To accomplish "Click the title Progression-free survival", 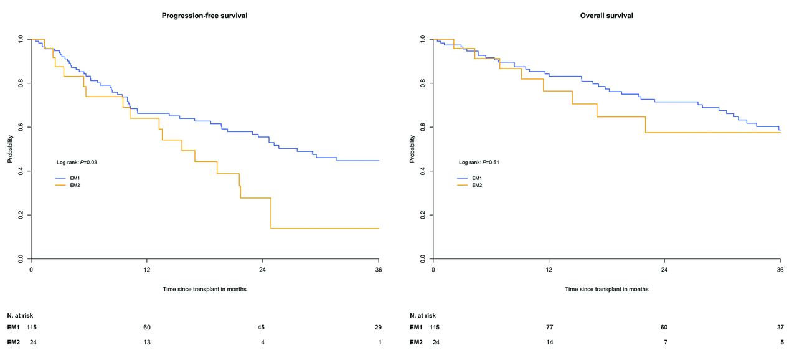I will click(x=205, y=16).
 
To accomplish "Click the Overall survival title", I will click(x=606, y=16).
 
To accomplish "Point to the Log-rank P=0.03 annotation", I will click(x=77, y=163).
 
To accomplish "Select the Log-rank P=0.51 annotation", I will click(x=479, y=163).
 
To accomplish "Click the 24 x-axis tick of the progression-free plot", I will click(x=262, y=270).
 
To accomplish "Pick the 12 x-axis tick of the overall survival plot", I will click(x=549, y=270).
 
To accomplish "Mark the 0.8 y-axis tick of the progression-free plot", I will click(x=21, y=83).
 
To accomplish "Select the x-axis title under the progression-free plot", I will click(x=205, y=289).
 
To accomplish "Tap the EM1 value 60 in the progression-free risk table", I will click(x=147, y=328).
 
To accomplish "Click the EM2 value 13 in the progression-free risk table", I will click(x=147, y=343).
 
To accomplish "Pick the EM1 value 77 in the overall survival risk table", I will click(x=549, y=328).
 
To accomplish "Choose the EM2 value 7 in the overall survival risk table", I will click(x=664, y=343).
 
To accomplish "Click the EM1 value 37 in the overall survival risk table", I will click(x=779, y=328).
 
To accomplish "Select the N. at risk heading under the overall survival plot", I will click(x=423, y=316).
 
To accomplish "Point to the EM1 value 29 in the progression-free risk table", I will click(x=377, y=328).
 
